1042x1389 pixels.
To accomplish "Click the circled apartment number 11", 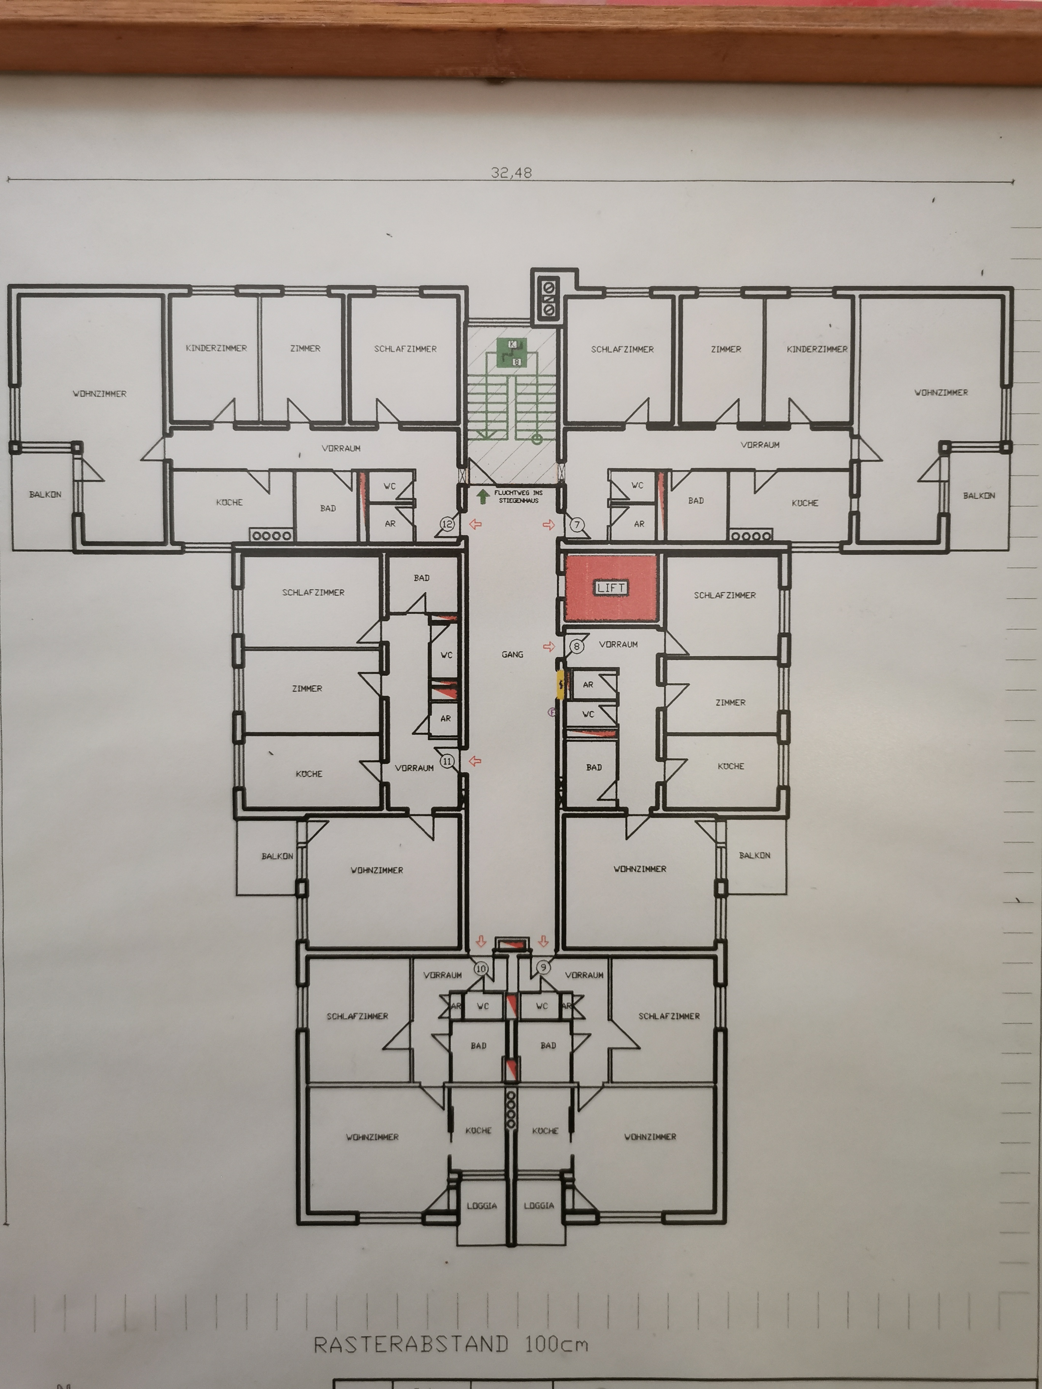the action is point(447,761).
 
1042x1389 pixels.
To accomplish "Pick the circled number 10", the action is point(481,968).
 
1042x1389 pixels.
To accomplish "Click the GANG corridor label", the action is point(513,654).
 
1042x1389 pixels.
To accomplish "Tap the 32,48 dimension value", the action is point(511,173).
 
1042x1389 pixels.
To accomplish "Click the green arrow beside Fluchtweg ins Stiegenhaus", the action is point(483,497).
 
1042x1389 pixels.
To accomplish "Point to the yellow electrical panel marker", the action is point(561,685).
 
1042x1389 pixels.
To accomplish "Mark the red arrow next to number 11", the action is point(475,761).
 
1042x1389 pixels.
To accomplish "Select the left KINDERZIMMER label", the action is point(216,348).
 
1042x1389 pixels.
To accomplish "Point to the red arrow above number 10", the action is point(481,941).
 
